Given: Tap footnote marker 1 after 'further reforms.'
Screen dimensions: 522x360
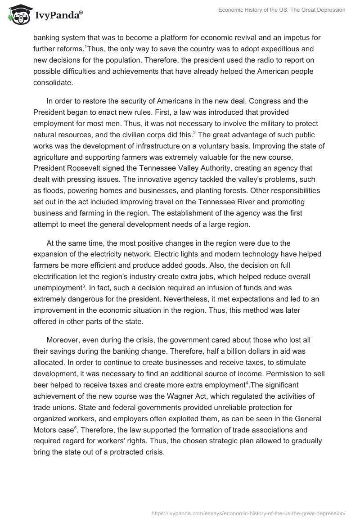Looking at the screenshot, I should point(85,46).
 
